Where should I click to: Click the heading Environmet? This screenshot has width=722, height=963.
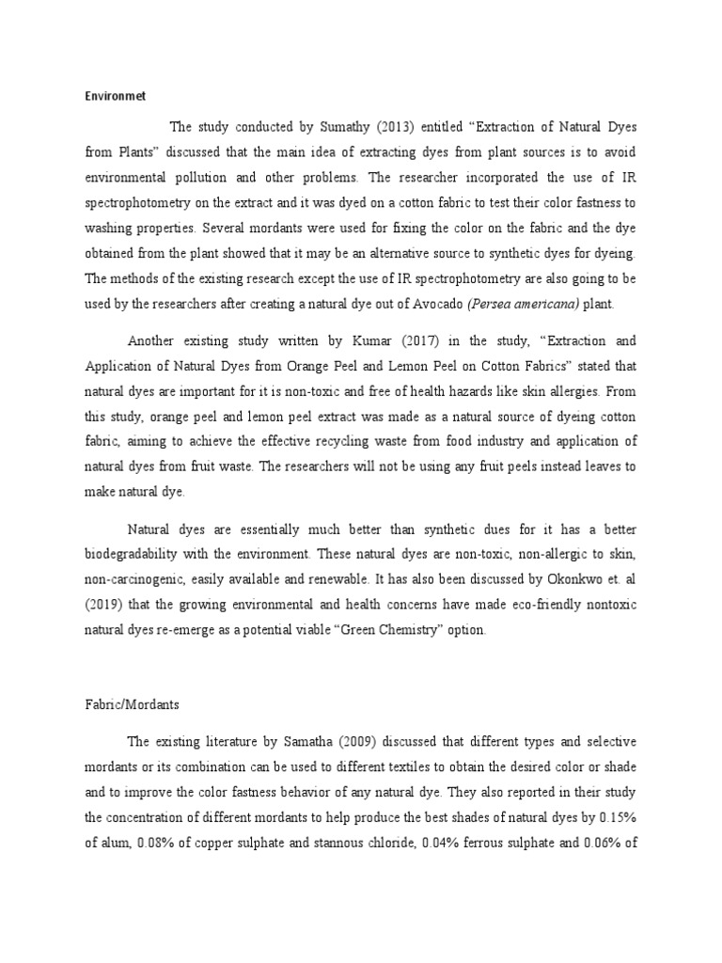pos(109,95)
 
